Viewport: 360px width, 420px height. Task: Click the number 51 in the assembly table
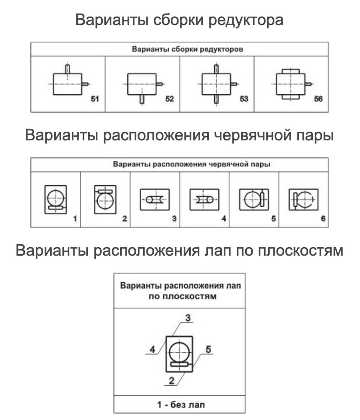coord(95,99)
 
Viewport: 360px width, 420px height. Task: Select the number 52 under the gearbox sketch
coord(169,99)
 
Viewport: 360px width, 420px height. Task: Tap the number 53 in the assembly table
coord(244,99)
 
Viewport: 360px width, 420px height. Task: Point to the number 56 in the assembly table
coord(318,99)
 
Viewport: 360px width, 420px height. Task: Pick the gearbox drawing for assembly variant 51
coord(68,84)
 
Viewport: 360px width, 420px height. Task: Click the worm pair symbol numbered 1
coord(56,199)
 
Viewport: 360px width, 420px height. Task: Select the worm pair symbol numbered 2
coord(105,199)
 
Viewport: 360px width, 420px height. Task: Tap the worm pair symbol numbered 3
coord(155,199)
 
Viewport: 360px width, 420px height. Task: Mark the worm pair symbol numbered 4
coord(204,199)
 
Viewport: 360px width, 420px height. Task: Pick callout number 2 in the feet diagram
coord(172,381)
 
